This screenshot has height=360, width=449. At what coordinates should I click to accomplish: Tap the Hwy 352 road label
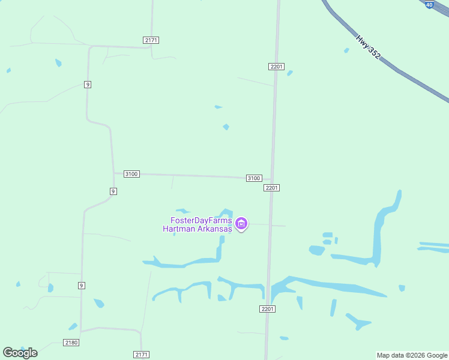368,46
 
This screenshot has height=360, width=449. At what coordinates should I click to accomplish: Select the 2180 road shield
71,342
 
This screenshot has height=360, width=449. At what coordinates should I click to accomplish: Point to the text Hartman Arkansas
197,229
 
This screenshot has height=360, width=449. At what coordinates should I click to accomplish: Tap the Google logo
20,352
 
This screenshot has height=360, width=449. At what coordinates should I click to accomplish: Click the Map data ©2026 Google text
412,355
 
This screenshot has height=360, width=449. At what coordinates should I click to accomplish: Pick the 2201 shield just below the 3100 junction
271,188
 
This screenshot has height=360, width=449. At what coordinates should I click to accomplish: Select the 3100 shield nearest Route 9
131,174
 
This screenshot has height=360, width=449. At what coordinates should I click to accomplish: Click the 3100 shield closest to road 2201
254,178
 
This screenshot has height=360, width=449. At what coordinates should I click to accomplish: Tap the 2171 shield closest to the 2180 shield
141,355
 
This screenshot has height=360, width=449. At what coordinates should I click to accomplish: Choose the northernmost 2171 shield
151,40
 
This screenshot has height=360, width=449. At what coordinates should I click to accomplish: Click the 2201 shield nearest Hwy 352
276,67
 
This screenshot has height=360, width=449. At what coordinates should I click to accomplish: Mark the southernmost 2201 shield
268,309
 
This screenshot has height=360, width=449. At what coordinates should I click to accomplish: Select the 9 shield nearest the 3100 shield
113,191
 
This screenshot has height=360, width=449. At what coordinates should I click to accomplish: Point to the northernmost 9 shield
88,85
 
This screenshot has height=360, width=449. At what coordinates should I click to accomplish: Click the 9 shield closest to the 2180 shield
80,285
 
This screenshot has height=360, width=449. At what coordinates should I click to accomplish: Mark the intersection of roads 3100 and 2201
272,179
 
